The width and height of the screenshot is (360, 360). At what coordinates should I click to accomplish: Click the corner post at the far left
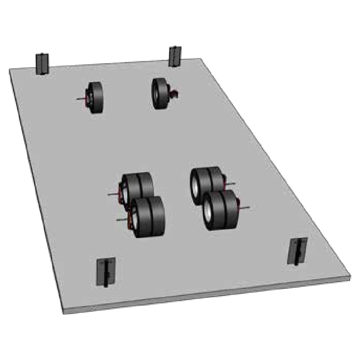click(x=42, y=64)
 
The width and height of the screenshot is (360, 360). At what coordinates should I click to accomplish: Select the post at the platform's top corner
click(x=174, y=56)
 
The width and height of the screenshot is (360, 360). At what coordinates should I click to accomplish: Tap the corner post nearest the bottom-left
click(x=105, y=272)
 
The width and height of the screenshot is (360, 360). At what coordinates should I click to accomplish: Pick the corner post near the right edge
click(x=297, y=251)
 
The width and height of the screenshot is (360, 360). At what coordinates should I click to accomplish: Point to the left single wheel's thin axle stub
click(x=81, y=99)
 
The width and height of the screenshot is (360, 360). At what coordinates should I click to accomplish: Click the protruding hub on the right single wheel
click(x=173, y=94)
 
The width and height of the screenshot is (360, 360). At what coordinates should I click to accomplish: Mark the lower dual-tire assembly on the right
click(x=221, y=210)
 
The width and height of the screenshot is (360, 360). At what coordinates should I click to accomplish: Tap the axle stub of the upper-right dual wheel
click(x=231, y=184)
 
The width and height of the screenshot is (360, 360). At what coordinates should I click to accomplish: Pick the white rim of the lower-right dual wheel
click(x=208, y=212)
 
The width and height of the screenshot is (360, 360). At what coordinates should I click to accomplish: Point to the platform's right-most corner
click(x=350, y=276)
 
